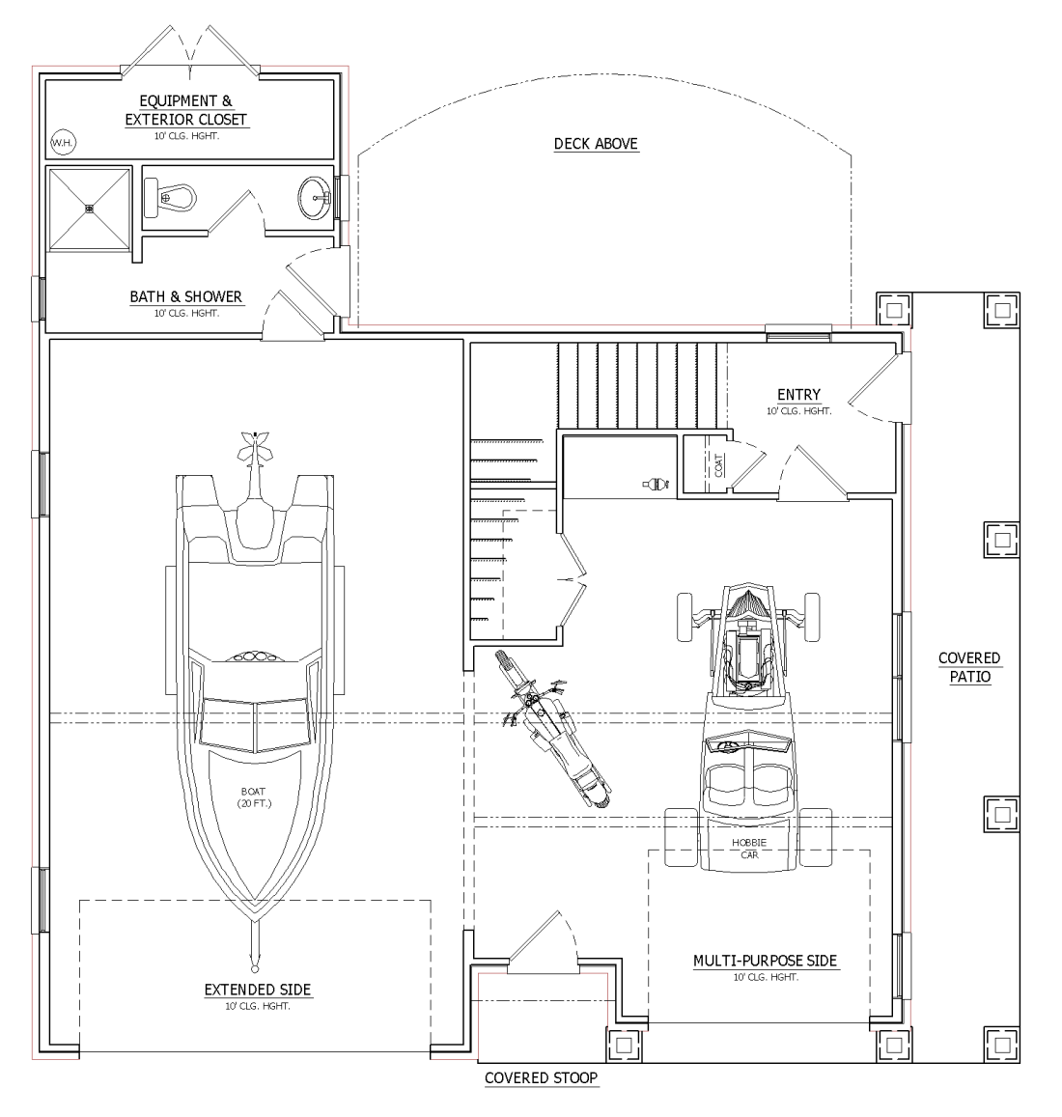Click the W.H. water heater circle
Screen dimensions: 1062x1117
tap(63, 143)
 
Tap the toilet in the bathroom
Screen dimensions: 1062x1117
tap(170, 197)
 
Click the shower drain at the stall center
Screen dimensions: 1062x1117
tap(89, 209)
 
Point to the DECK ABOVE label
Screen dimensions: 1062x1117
tap(597, 144)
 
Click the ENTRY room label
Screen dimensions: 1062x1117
tap(798, 395)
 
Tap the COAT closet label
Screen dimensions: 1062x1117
tap(718, 465)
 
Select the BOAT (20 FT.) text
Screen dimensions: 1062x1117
tap(254, 797)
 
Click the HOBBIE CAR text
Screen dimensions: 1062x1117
tap(749, 849)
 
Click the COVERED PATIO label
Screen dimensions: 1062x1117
tap(969, 667)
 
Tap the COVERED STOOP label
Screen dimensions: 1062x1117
tap(542, 1077)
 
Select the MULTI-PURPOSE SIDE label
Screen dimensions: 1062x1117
tap(766, 961)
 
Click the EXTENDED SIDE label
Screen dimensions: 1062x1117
tap(258, 990)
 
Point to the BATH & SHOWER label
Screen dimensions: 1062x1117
tap(186, 296)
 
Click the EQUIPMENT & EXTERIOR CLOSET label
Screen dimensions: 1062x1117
tap(186, 110)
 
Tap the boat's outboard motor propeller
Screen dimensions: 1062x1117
tap(255, 445)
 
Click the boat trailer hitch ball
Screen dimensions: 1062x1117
tap(255, 968)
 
